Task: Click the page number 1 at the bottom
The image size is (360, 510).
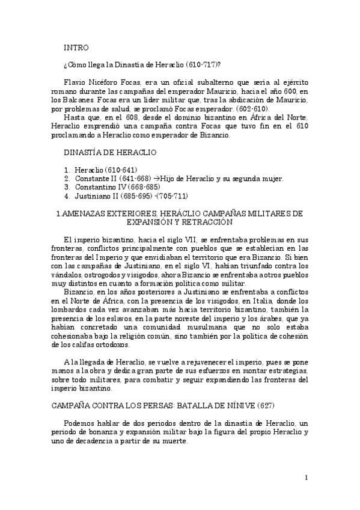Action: [x=307, y=478]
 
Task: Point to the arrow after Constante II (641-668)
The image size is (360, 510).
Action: [x=156, y=179]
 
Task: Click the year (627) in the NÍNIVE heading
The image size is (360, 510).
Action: [x=228, y=407]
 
